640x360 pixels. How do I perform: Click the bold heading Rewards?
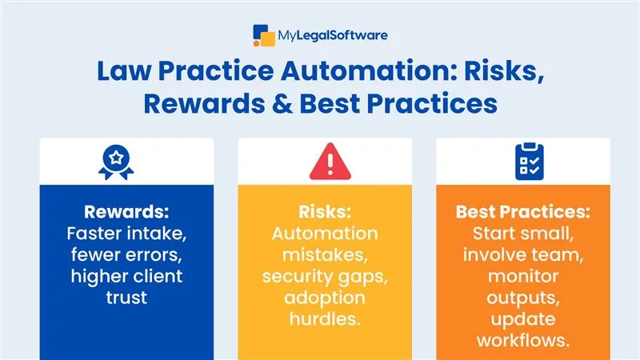tap(126, 214)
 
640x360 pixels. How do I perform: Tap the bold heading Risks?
tap(324, 214)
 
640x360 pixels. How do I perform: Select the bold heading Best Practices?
tap(522, 214)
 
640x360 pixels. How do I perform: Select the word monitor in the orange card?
tap(522, 278)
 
